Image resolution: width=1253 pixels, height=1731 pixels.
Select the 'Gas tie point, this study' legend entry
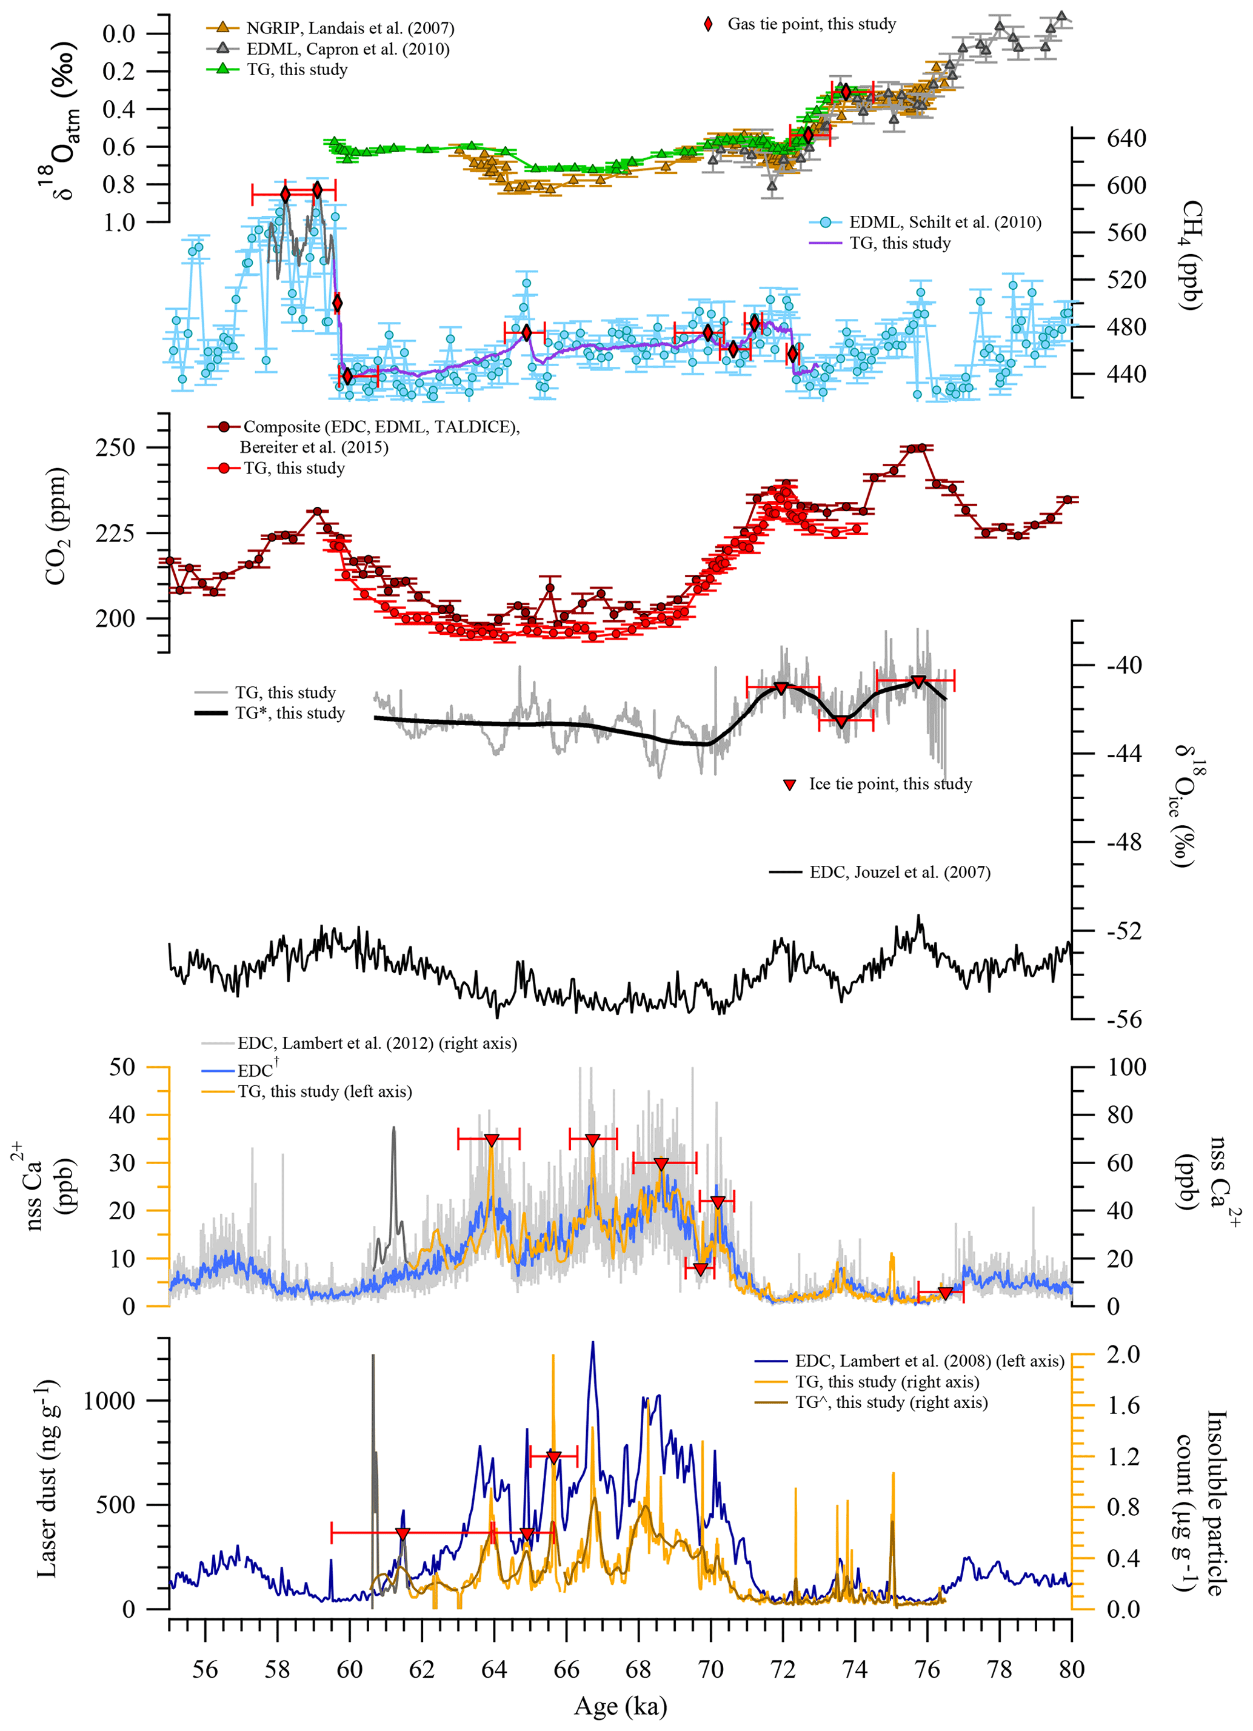point(811,24)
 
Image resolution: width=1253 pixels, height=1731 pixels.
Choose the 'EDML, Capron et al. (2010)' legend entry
point(347,49)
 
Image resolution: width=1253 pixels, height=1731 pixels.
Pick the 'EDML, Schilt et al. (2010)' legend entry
point(944,222)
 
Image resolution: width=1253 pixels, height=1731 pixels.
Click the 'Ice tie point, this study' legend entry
point(890,784)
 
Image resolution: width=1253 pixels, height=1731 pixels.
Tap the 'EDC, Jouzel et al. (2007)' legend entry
point(900,872)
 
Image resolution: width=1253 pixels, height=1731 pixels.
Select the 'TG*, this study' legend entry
point(289,713)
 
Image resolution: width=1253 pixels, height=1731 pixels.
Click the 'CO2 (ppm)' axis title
point(57,527)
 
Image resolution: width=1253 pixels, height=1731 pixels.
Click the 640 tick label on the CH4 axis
point(1126,138)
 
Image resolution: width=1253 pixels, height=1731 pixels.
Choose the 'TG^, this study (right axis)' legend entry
point(891,1403)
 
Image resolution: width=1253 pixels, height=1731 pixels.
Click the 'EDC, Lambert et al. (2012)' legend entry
point(377,1043)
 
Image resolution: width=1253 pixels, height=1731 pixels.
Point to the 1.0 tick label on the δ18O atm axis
point(118,222)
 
